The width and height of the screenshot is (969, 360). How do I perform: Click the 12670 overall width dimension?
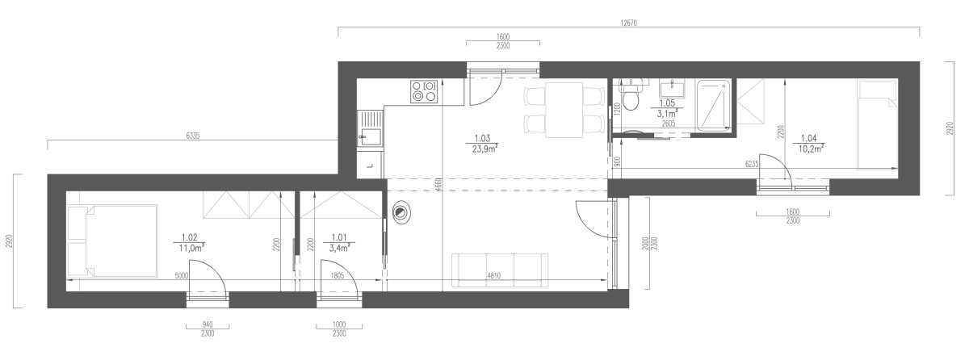click(x=628, y=23)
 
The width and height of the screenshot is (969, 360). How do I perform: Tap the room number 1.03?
click(x=482, y=138)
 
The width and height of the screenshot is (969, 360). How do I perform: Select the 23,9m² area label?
click(x=484, y=149)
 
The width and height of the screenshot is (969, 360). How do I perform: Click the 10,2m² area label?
click(x=811, y=149)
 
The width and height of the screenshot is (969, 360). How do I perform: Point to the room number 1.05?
click(x=667, y=103)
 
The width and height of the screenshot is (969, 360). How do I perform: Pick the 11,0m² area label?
click(x=191, y=249)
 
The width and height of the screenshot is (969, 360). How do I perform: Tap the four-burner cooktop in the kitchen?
click(x=424, y=91)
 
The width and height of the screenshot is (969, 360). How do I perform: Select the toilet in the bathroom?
click(x=631, y=96)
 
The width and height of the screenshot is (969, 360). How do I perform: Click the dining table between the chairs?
click(x=564, y=111)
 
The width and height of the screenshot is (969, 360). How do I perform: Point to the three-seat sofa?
click(x=500, y=270)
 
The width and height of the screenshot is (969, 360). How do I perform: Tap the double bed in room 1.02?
click(x=112, y=241)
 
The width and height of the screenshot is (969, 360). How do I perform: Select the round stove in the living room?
click(x=402, y=212)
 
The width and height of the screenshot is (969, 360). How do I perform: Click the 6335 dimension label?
click(x=192, y=136)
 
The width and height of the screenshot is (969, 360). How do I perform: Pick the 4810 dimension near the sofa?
click(x=493, y=276)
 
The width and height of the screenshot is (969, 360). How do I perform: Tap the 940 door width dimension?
click(x=208, y=325)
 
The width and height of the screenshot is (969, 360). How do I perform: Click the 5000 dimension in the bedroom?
click(x=181, y=276)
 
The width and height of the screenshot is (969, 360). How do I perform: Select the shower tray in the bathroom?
click(x=713, y=106)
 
